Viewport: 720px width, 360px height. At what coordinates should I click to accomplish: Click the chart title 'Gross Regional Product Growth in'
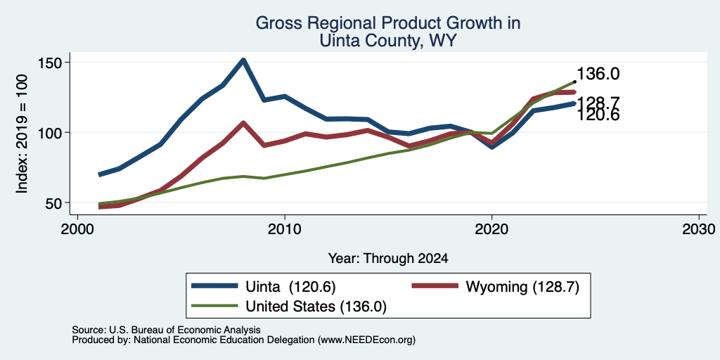click(x=388, y=23)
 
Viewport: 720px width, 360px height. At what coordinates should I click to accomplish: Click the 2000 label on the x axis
click(x=77, y=229)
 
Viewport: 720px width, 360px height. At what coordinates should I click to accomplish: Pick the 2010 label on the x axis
click(x=285, y=229)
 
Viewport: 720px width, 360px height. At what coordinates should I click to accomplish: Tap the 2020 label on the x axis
click(x=491, y=229)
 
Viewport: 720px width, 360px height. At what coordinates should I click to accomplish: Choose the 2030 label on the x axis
click(x=699, y=229)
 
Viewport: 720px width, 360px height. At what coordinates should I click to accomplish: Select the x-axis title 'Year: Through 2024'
click(x=388, y=259)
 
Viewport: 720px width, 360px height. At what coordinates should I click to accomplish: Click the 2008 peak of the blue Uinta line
click(x=243, y=60)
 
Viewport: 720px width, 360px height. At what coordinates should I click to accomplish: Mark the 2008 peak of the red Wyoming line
click(x=243, y=123)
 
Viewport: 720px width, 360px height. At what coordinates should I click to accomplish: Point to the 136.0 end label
click(x=598, y=74)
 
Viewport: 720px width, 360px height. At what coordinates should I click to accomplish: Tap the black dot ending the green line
click(x=574, y=82)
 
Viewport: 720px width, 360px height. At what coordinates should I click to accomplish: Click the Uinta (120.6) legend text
click(x=291, y=287)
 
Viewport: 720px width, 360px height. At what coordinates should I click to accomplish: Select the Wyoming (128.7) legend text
click(x=522, y=287)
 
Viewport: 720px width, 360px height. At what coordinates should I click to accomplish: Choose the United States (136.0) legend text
click(x=316, y=307)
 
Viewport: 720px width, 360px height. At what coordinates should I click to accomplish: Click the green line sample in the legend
click(x=214, y=305)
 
